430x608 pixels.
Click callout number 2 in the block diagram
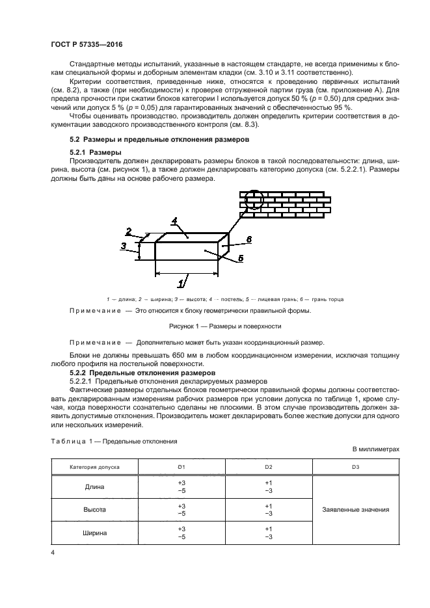129,231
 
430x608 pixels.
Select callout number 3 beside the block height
124,246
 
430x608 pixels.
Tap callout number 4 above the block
174,222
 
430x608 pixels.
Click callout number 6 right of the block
248,240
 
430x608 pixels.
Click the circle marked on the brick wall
254,200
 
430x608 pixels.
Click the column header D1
181,467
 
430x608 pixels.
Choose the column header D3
355,467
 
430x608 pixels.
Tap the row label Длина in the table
95,487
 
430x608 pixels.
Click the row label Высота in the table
95,510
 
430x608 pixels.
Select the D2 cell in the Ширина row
268,533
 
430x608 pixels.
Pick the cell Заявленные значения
355,510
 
